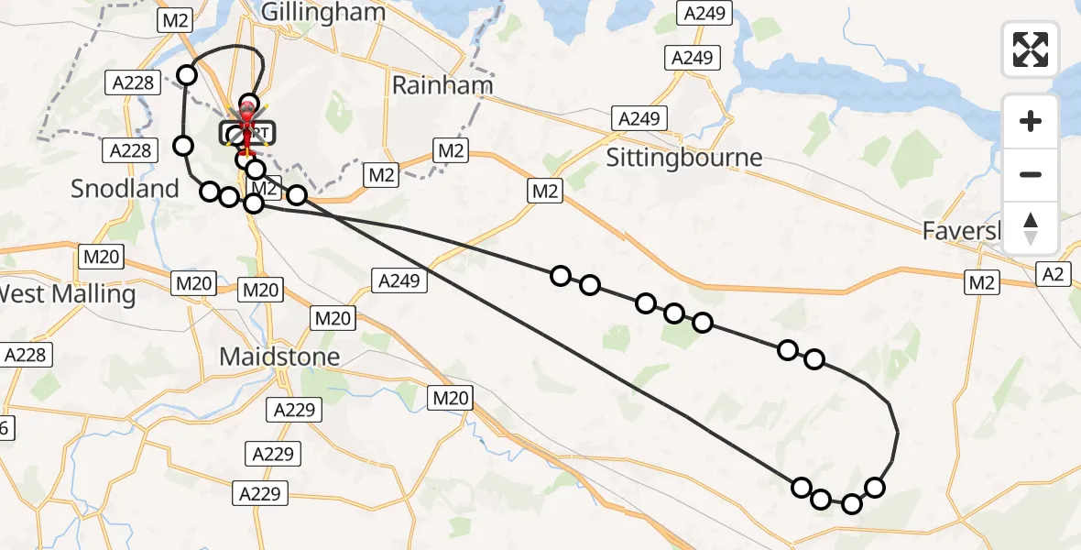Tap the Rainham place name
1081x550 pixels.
(x=442, y=85)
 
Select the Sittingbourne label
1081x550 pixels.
(x=684, y=157)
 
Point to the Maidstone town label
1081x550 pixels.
(x=279, y=356)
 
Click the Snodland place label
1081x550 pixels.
(x=126, y=189)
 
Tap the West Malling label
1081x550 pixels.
(x=66, y=294)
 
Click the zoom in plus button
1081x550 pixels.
(x=1031, y=122)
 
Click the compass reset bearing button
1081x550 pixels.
(x=1031, y=226)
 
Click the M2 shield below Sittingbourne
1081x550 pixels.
(x=544, y=191)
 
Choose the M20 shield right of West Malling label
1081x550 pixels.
(x=193, y=283)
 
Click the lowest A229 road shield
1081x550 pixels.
(x=261, y=493)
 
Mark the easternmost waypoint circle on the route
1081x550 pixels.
(x=875, y=487)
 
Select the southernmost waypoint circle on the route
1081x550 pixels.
(x=852, y=503)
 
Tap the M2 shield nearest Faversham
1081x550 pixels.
(x=981, y=283)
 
